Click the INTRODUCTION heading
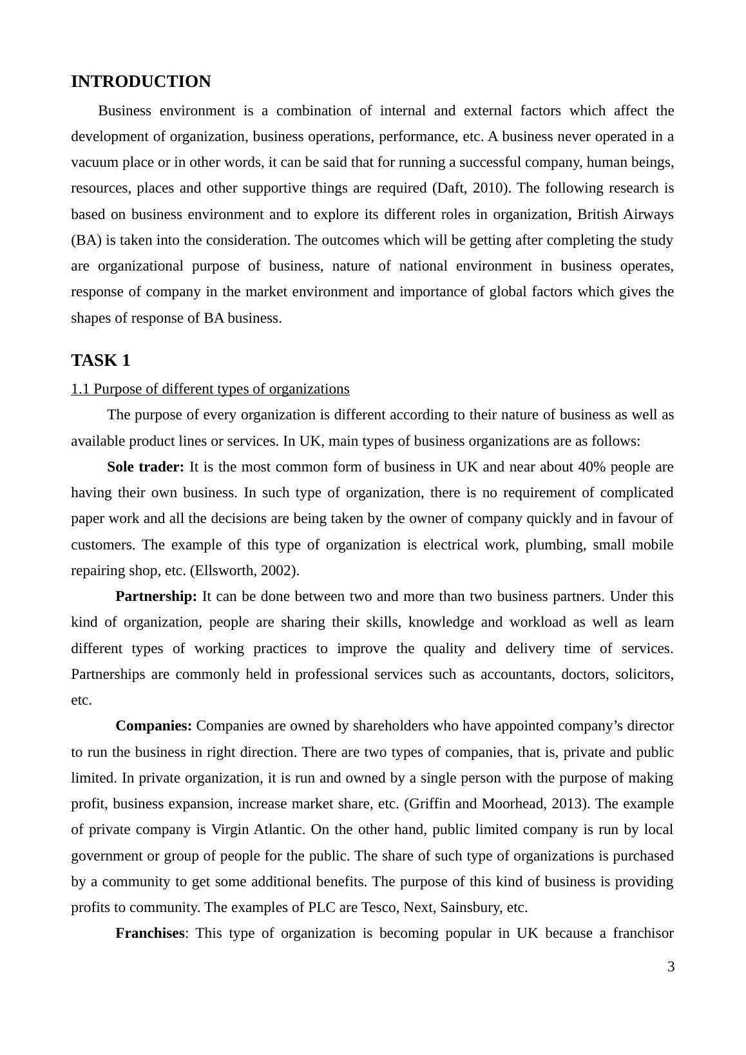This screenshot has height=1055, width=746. (140, 82)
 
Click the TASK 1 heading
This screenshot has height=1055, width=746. (100, 360)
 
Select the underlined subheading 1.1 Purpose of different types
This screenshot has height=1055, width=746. (210, 389)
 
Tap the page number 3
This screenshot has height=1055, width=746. (671, 967)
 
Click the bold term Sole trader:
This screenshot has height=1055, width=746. (146, 467)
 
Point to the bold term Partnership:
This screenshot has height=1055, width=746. (156, 596)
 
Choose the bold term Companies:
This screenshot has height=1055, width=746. (153, 726)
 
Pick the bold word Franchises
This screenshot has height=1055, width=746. (149, 933)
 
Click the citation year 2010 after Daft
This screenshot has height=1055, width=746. (490, 188)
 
